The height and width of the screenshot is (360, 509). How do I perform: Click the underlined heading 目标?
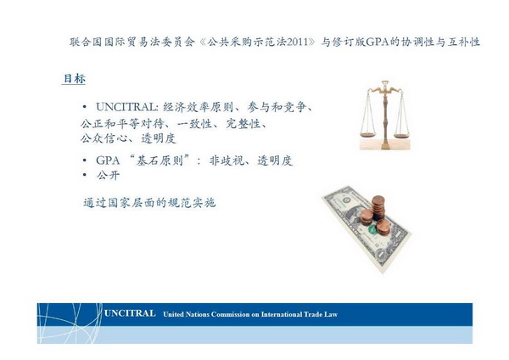75,79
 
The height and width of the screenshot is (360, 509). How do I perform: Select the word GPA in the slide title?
378,42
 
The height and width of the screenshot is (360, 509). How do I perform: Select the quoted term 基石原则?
159,160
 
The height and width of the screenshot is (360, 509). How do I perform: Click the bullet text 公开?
108,176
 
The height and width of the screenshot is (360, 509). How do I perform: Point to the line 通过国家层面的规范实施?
149,203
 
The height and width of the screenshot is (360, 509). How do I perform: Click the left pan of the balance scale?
368,134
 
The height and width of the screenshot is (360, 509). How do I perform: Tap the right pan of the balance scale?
401,136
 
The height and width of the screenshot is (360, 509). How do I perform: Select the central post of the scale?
385,115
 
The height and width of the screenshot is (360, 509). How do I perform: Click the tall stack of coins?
378,207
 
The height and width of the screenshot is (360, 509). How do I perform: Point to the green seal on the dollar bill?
372,230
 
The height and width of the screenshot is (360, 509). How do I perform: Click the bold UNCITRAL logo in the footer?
130,313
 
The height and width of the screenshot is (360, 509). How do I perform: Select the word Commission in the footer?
231,314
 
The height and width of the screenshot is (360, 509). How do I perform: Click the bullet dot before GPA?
85,160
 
